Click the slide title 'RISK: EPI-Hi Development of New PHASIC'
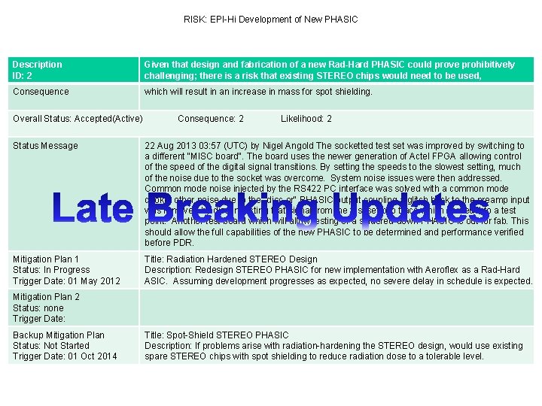271,19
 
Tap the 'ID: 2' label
23,76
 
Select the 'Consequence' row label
41,92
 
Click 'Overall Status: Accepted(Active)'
78,119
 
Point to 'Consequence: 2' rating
211,119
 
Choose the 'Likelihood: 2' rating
306,119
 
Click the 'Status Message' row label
45,146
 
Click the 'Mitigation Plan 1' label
46,259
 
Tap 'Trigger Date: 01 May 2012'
66,280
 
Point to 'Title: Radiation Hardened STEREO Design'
231,259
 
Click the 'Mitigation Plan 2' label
46,297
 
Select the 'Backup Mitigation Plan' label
59,335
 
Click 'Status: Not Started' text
51,346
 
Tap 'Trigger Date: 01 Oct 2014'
65,356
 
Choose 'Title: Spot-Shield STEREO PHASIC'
217,335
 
